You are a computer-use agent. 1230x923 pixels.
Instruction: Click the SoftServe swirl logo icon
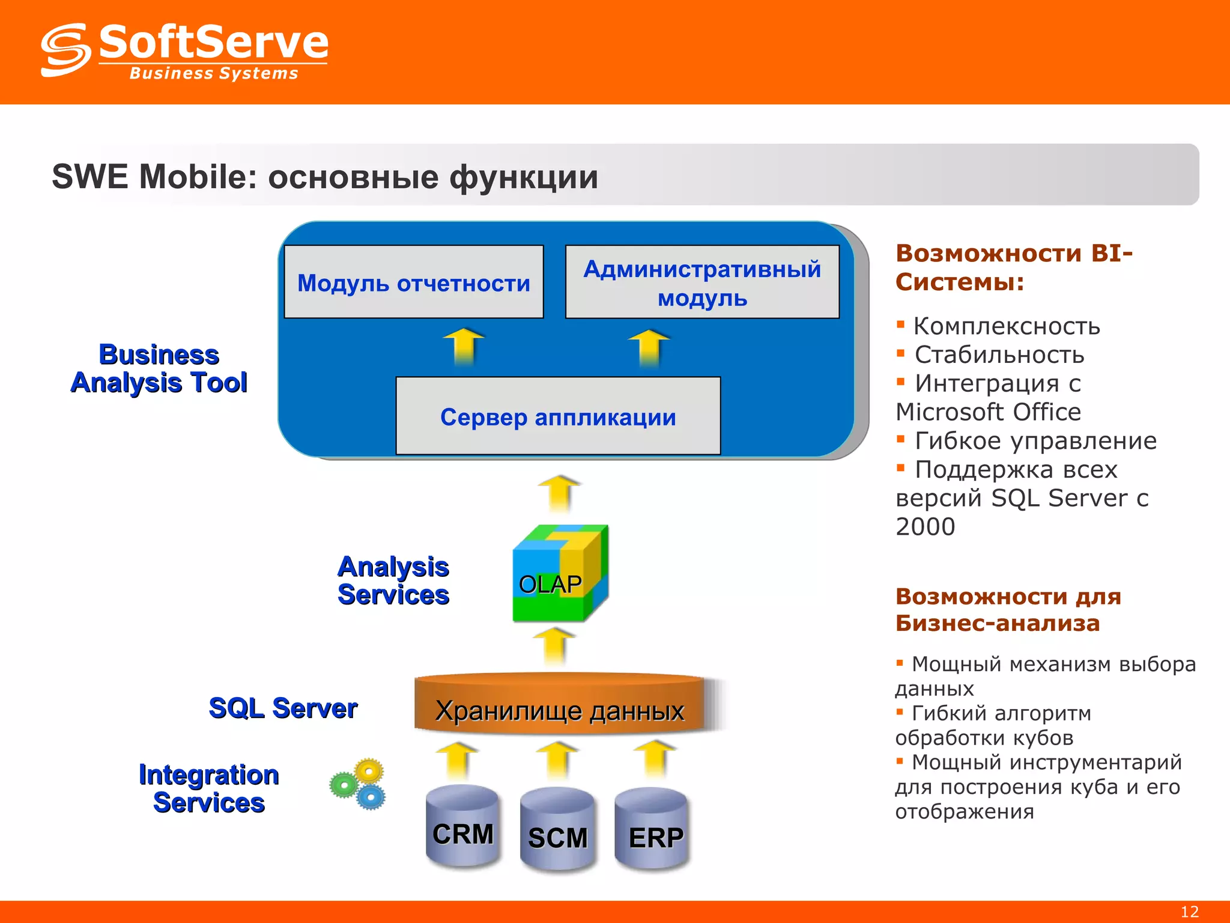point(65,50)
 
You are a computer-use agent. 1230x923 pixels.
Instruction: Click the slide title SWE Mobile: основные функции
point(325,177)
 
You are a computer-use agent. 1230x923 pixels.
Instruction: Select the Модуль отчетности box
point(414,282)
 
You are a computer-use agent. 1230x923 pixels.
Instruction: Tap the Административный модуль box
point(702,282)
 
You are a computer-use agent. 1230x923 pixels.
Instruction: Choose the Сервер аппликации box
point(558,416)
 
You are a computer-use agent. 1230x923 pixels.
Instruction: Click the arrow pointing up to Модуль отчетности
point(464,347)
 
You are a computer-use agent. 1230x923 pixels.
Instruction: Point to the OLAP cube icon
point(560,574)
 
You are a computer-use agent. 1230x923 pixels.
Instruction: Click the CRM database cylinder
point(462,827)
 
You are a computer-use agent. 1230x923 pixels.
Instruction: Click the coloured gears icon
point(359,784)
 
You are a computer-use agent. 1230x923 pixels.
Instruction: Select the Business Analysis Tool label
point(159,368)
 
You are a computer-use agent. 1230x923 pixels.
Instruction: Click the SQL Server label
point(283,708)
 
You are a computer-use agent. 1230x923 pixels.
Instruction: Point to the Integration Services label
point(208,788)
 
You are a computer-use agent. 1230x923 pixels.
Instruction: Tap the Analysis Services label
point(393,580)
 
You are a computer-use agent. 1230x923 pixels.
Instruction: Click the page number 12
point(1189,912)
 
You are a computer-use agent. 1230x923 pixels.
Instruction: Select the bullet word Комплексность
point(1007,326)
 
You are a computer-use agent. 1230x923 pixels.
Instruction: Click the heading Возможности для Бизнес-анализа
point(1008,609)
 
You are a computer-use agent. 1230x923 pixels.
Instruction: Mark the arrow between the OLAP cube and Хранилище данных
point(554,646)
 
